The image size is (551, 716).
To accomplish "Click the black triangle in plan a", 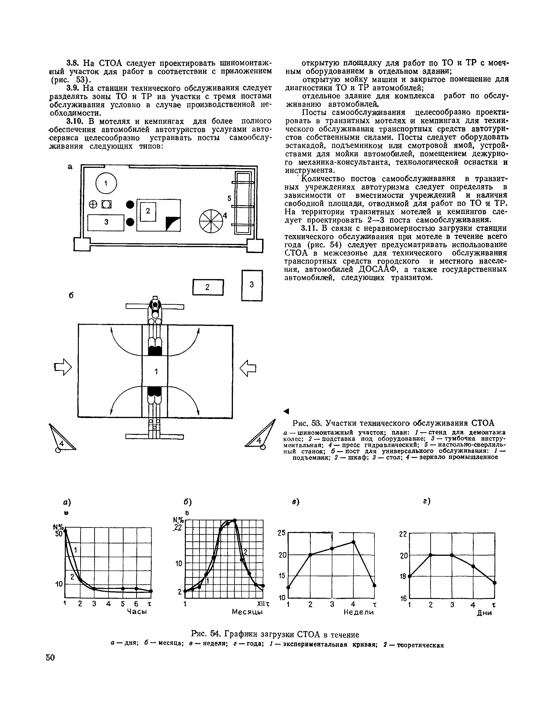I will click(173, 224).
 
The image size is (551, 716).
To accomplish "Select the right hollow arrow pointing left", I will click(248, 367).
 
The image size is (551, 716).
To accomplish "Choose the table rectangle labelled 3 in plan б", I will click(252, 285).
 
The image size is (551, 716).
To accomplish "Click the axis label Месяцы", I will click(247, 612).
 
